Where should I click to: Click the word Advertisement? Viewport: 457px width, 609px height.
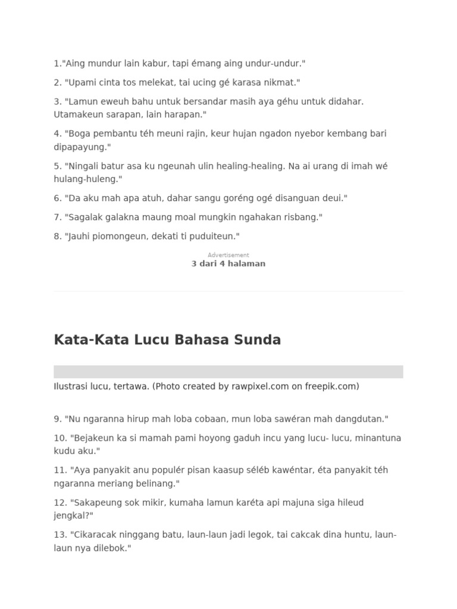point(228,255)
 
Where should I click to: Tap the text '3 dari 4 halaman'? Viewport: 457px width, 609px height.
point(228,263)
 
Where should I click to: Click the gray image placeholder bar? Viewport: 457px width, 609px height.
point(228,372)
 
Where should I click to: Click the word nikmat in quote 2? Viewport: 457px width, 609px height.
point(278,82)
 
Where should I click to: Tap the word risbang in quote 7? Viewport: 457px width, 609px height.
point(301,217)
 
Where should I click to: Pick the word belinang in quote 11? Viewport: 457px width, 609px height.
point(155,484)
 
